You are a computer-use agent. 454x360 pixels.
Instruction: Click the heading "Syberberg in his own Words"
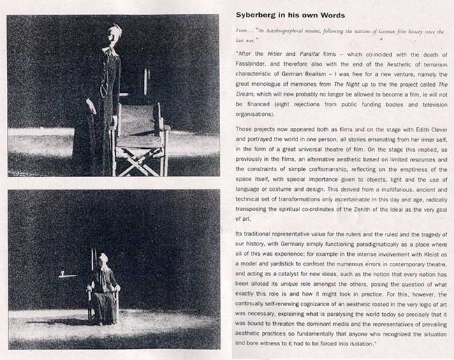[288, 15]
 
